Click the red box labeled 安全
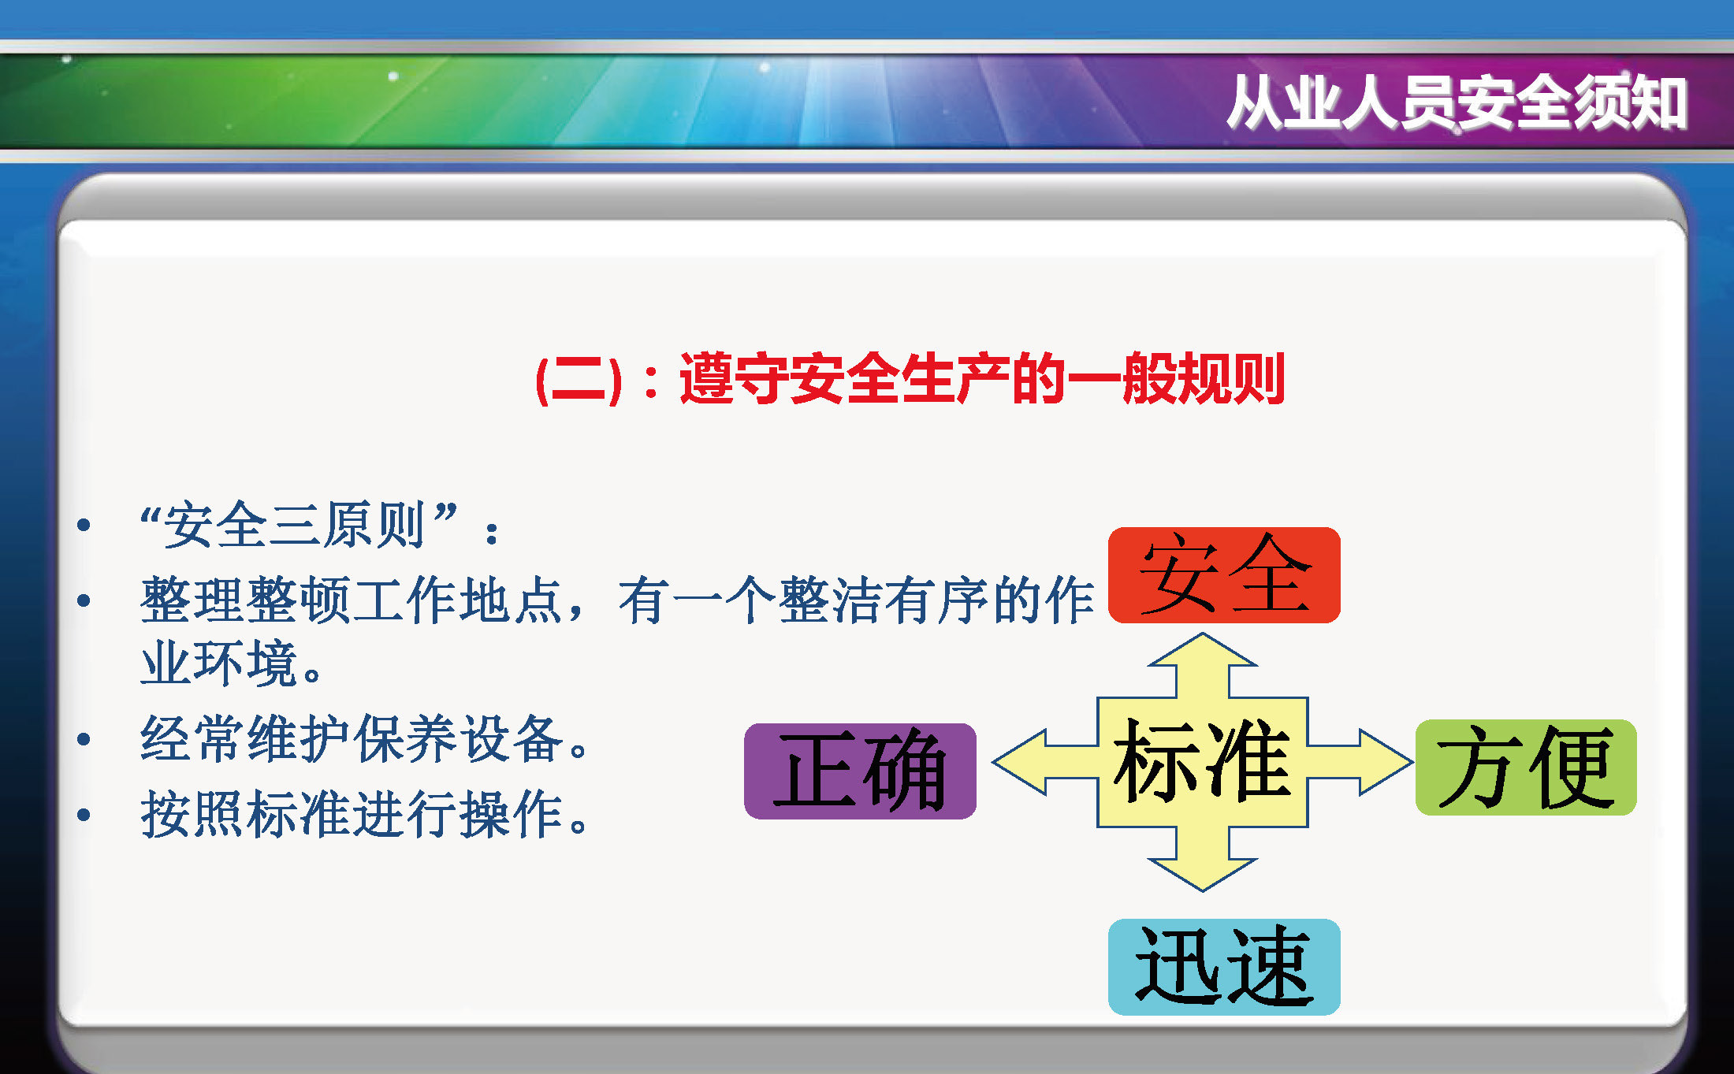coord(1224,575)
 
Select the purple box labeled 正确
coord(860,771)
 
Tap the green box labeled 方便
coord(1526,767)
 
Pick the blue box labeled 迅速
coord(1224,967)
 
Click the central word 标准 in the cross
coord(1202,760)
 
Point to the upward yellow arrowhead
coord(1202,650)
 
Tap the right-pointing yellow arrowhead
coord(1385,762)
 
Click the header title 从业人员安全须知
coord(1457,102)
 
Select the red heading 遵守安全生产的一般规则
coord(982,379)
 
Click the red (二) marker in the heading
coord(579,380)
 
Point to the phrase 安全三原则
coord(296,525)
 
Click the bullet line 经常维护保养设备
coord(363,739)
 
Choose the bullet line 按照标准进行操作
coord(363,814)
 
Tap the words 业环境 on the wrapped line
coord(219,663)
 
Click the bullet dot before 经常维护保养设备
coord(84,739)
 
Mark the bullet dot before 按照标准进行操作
coord(84,814)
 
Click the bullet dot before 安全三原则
coord(84,525)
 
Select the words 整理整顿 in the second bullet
coord(246,600)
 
